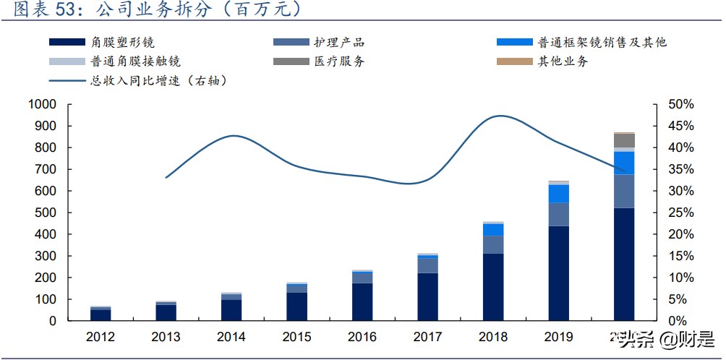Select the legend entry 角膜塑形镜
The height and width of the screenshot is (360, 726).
pyautogui.click(x=123, y=43)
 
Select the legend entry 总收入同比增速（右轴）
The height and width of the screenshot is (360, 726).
pyautogui.click(x=159, y=80)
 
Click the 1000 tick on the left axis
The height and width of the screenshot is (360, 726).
pyautogui.click(x=41, y=105)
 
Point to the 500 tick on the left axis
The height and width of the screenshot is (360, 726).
pyautogui.click(x=45, y=213)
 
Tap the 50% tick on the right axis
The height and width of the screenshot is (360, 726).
pyautogui.click(x=680, y=105)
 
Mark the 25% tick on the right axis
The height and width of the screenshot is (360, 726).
pyautogui.click(x=680, y=213)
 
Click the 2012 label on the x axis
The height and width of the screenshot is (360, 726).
pyautogui.click(x=101, y=337)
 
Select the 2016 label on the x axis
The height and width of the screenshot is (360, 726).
pyautogui.click(x=362, y=337)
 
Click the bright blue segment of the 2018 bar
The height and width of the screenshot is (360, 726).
pyautogui.click(x=493, y=230)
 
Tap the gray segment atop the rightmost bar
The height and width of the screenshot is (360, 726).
pyautogui.click(x=624, y=140)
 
